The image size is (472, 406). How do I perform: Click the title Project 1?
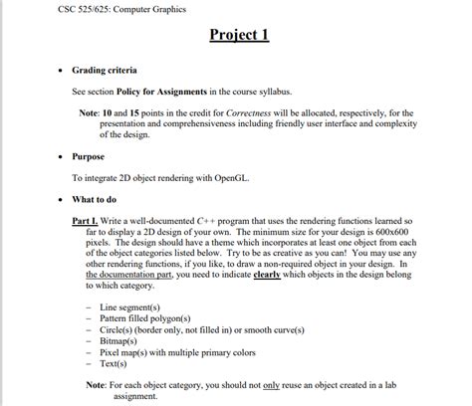241,37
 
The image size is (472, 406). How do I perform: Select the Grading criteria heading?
105,72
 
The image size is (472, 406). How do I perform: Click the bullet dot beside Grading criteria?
61,72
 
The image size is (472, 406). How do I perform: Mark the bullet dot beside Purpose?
61,156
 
